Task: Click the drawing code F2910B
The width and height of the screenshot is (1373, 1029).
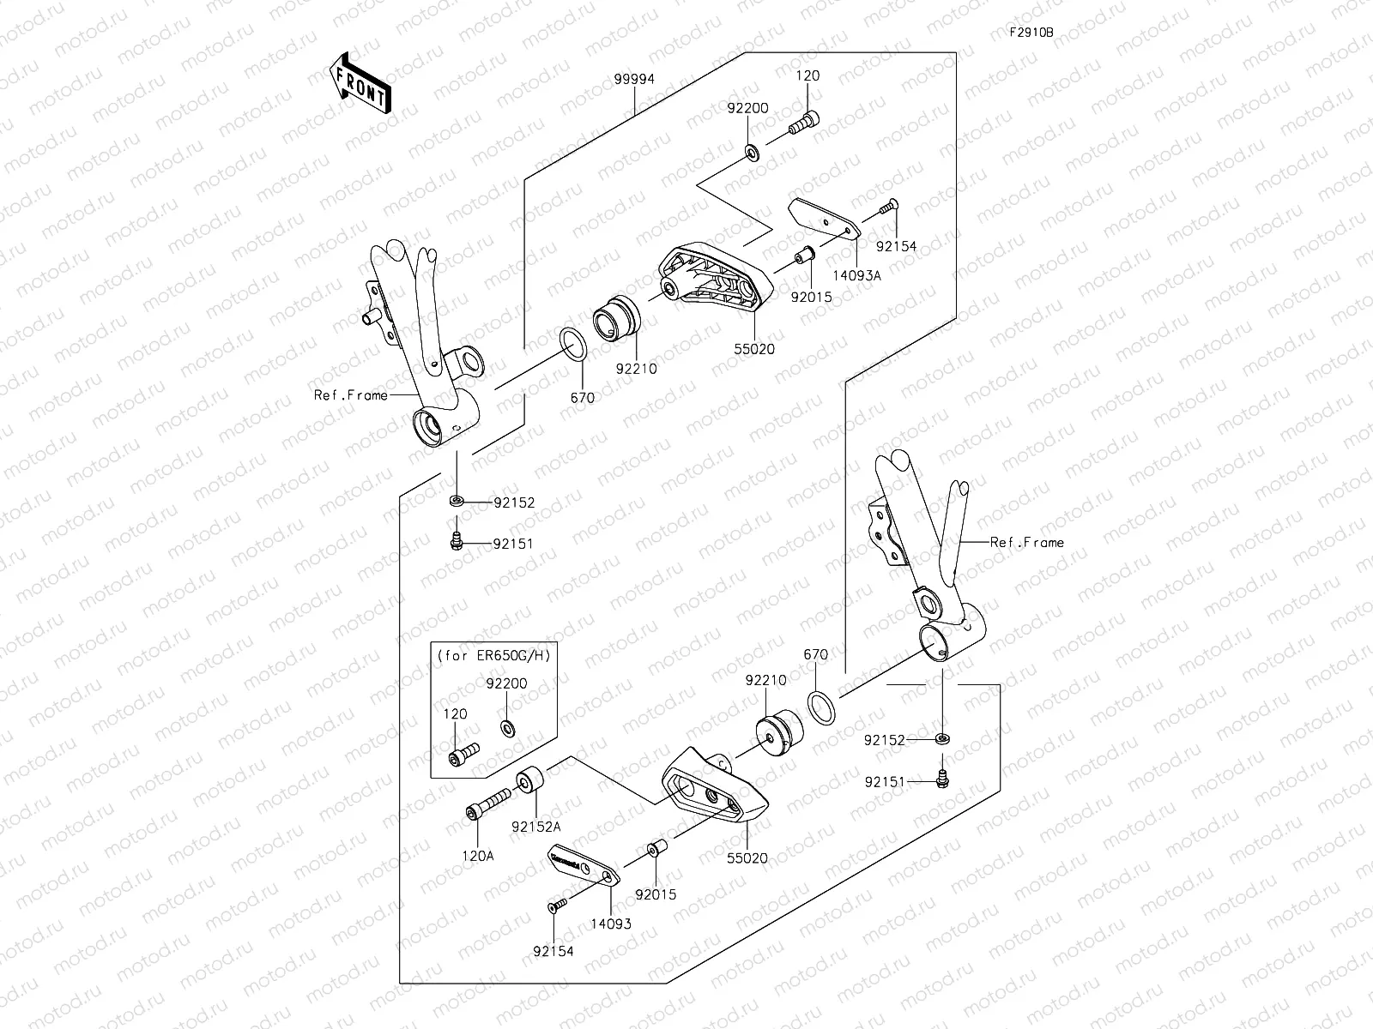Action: pos(1031,33)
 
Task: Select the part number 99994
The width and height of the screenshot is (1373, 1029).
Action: pos(634,79)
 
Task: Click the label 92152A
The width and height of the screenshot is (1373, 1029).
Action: pos(536,827)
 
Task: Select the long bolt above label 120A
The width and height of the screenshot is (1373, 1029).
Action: pos(488,803)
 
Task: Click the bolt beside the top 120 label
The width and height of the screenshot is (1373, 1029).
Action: pos(804,124)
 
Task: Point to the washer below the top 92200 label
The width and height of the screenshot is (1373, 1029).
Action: pos(751,153)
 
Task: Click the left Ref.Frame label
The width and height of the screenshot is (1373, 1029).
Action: pos(350,395)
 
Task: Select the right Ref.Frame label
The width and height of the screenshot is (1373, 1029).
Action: pos(1026,542)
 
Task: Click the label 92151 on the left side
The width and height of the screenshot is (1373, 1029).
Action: pos(513,544)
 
